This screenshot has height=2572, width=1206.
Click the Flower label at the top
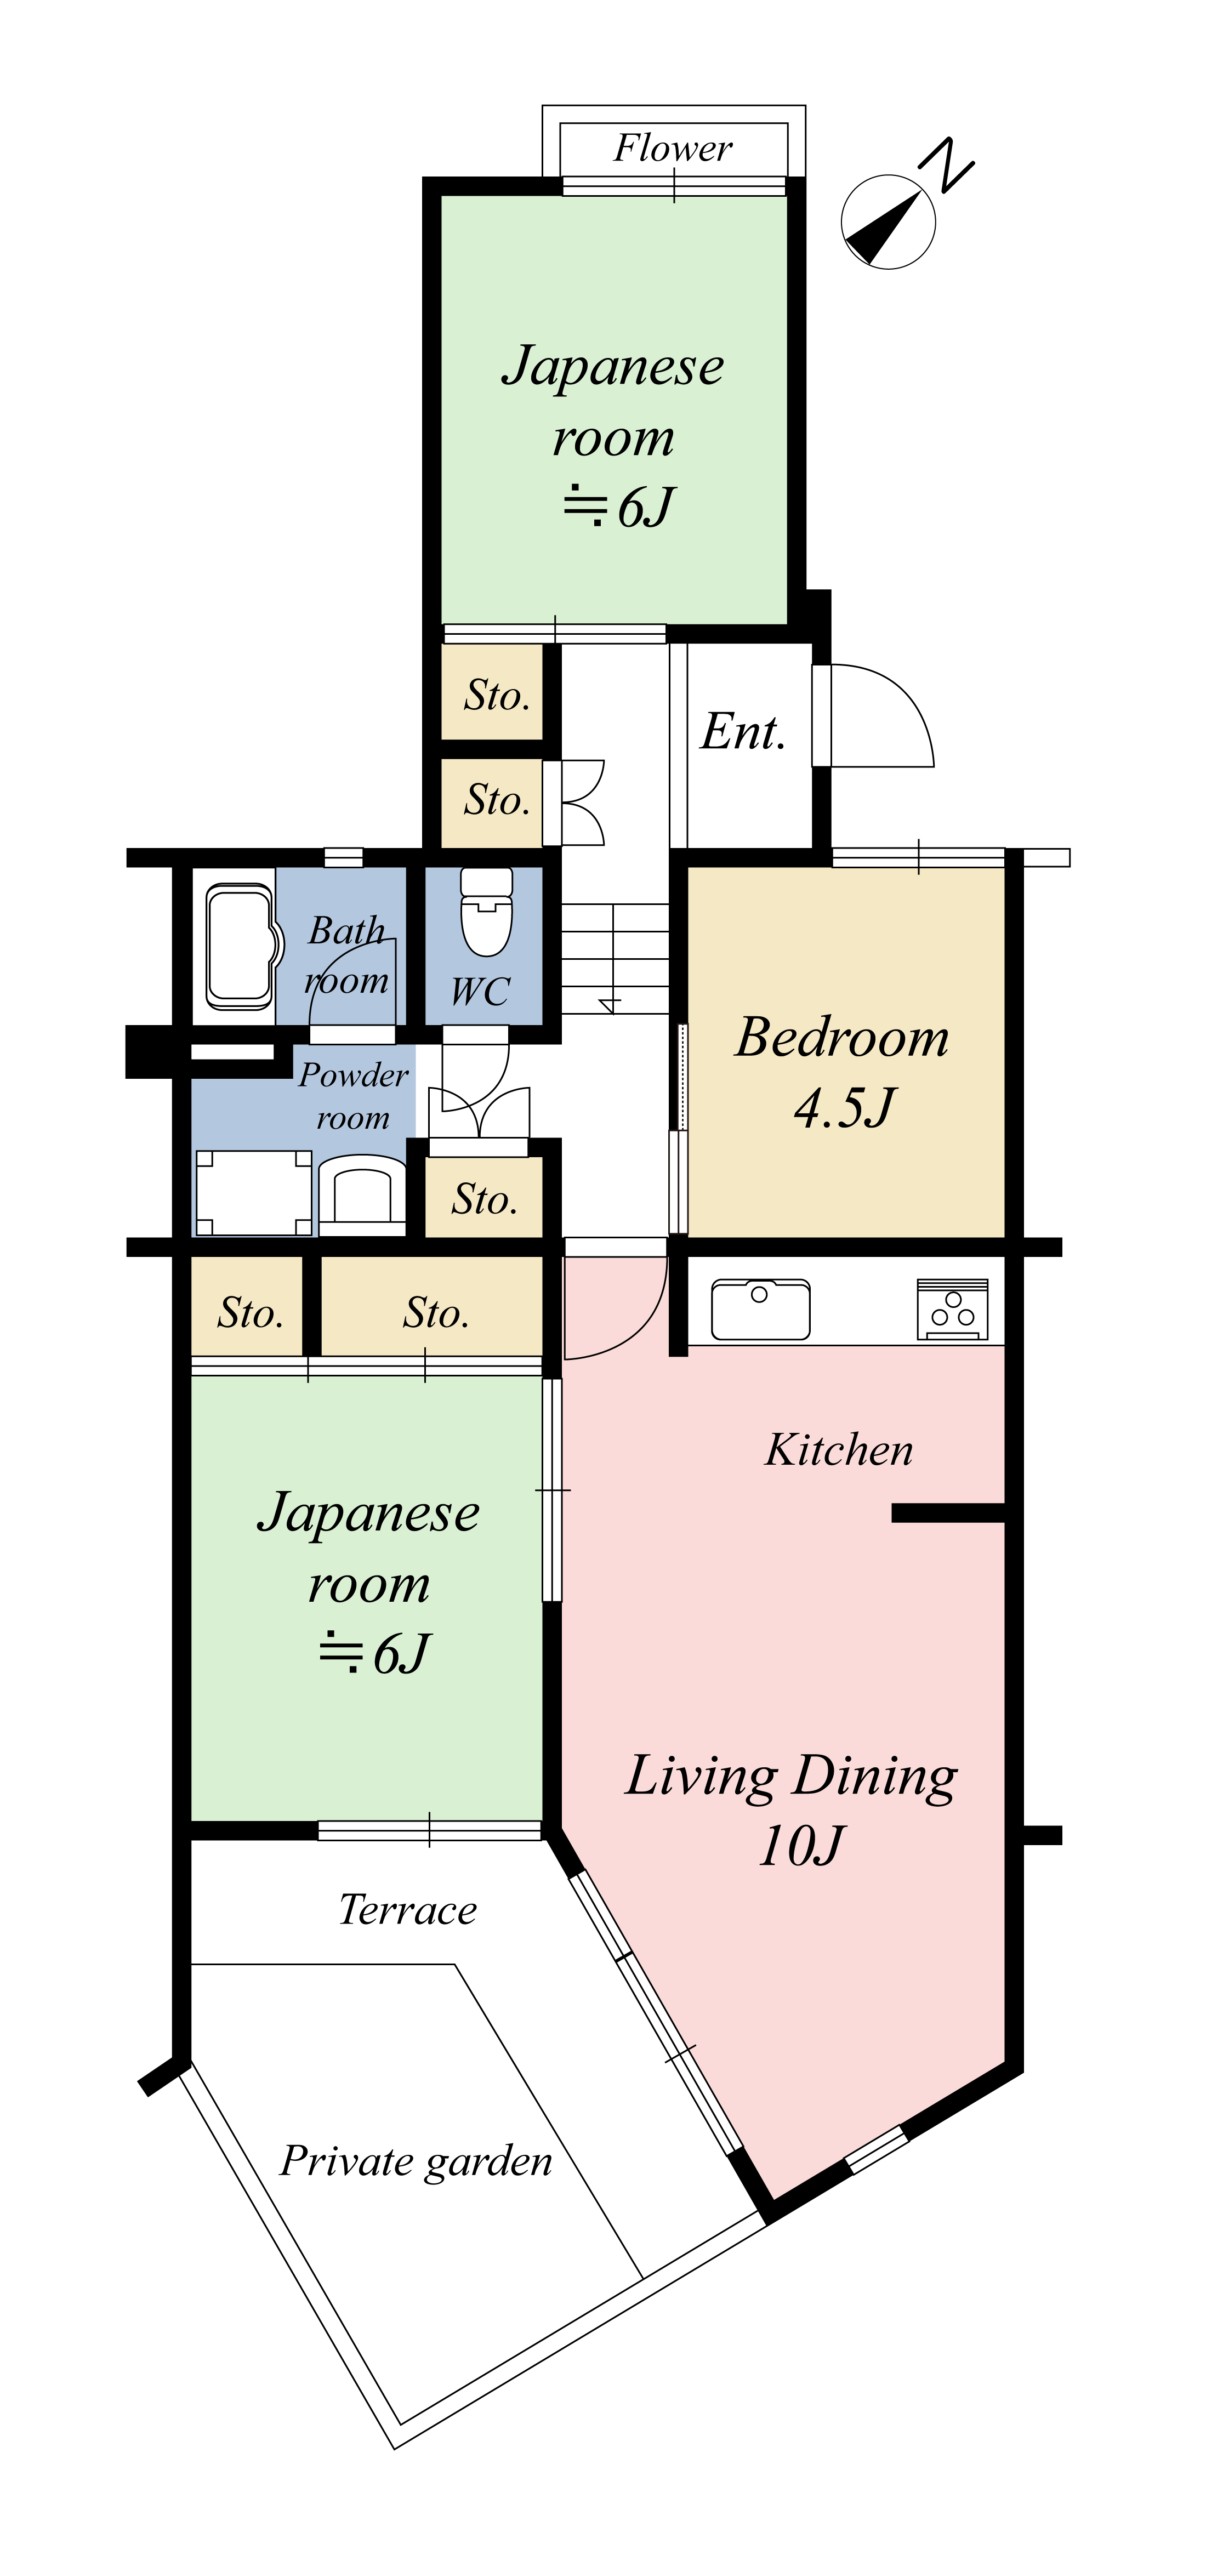[673, 148]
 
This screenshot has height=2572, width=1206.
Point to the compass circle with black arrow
[888, 221]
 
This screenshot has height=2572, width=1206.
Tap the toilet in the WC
[486, 911]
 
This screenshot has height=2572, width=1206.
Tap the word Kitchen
[839, 1450]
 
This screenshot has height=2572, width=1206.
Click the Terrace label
[407, 1909]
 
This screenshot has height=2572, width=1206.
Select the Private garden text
[416, 2161]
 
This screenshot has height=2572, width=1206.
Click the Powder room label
[354, 1095]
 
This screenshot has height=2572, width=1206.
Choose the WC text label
[480, 992]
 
